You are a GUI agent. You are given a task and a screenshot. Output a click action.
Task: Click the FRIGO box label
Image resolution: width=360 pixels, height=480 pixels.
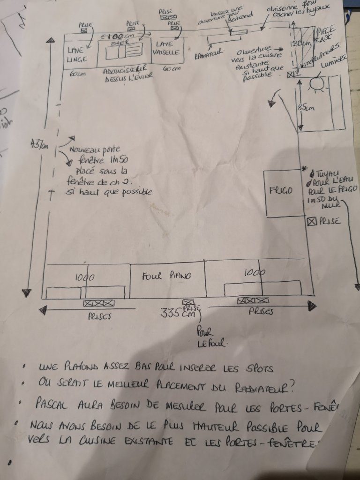pos(281,191)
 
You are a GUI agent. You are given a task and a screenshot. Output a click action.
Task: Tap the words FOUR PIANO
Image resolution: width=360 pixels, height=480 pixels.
pos(166,276)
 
